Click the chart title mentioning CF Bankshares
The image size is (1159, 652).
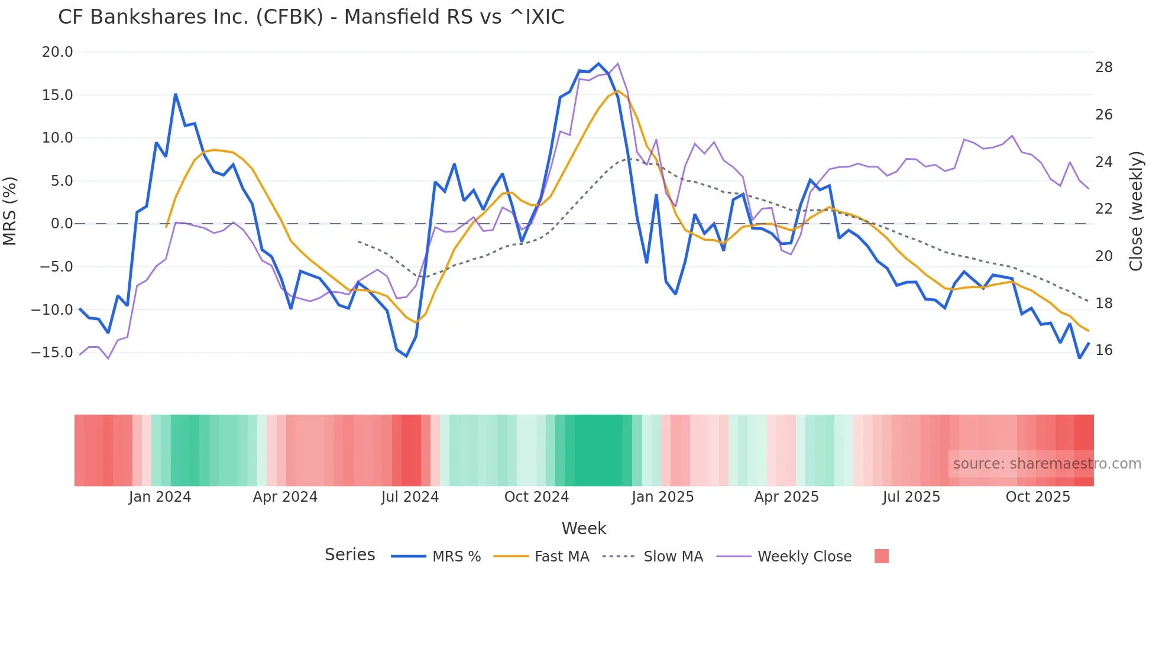[x=311, y=17]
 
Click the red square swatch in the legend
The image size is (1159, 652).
[x=881, y=556]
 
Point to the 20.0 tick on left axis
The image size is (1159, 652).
[x=57, y=52]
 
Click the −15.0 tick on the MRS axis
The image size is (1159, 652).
[x=52, y=353]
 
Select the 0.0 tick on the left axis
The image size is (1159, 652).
[x=62, y=224]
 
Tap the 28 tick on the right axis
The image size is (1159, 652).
[x=1103, y=67]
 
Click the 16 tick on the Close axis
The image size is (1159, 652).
[x=1103, y=350]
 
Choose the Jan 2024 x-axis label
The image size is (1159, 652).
[x=160, y=497]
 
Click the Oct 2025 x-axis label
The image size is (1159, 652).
[x=1038, y=497]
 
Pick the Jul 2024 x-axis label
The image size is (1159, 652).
[x=410, y=497]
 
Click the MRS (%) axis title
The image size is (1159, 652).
[x=10, y=211]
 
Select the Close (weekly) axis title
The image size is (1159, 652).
[x=1135, y=211]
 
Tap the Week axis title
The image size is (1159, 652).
[x=584, y=528]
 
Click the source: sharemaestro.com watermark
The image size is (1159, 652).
[x=1047, y=464]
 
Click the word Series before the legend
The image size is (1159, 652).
[x=349, y=555]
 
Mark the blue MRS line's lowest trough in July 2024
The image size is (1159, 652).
[x=406, y=356]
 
